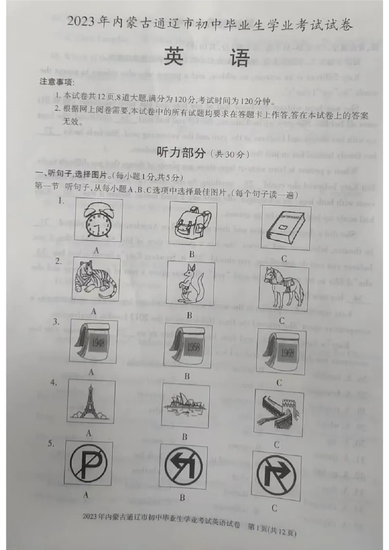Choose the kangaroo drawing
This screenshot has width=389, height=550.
[190, 284]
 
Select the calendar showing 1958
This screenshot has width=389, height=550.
[188, 345]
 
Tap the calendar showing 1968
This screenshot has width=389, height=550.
[281, 351]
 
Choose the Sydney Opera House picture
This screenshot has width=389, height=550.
[186, 407]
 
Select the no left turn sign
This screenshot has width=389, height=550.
[183, 466]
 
